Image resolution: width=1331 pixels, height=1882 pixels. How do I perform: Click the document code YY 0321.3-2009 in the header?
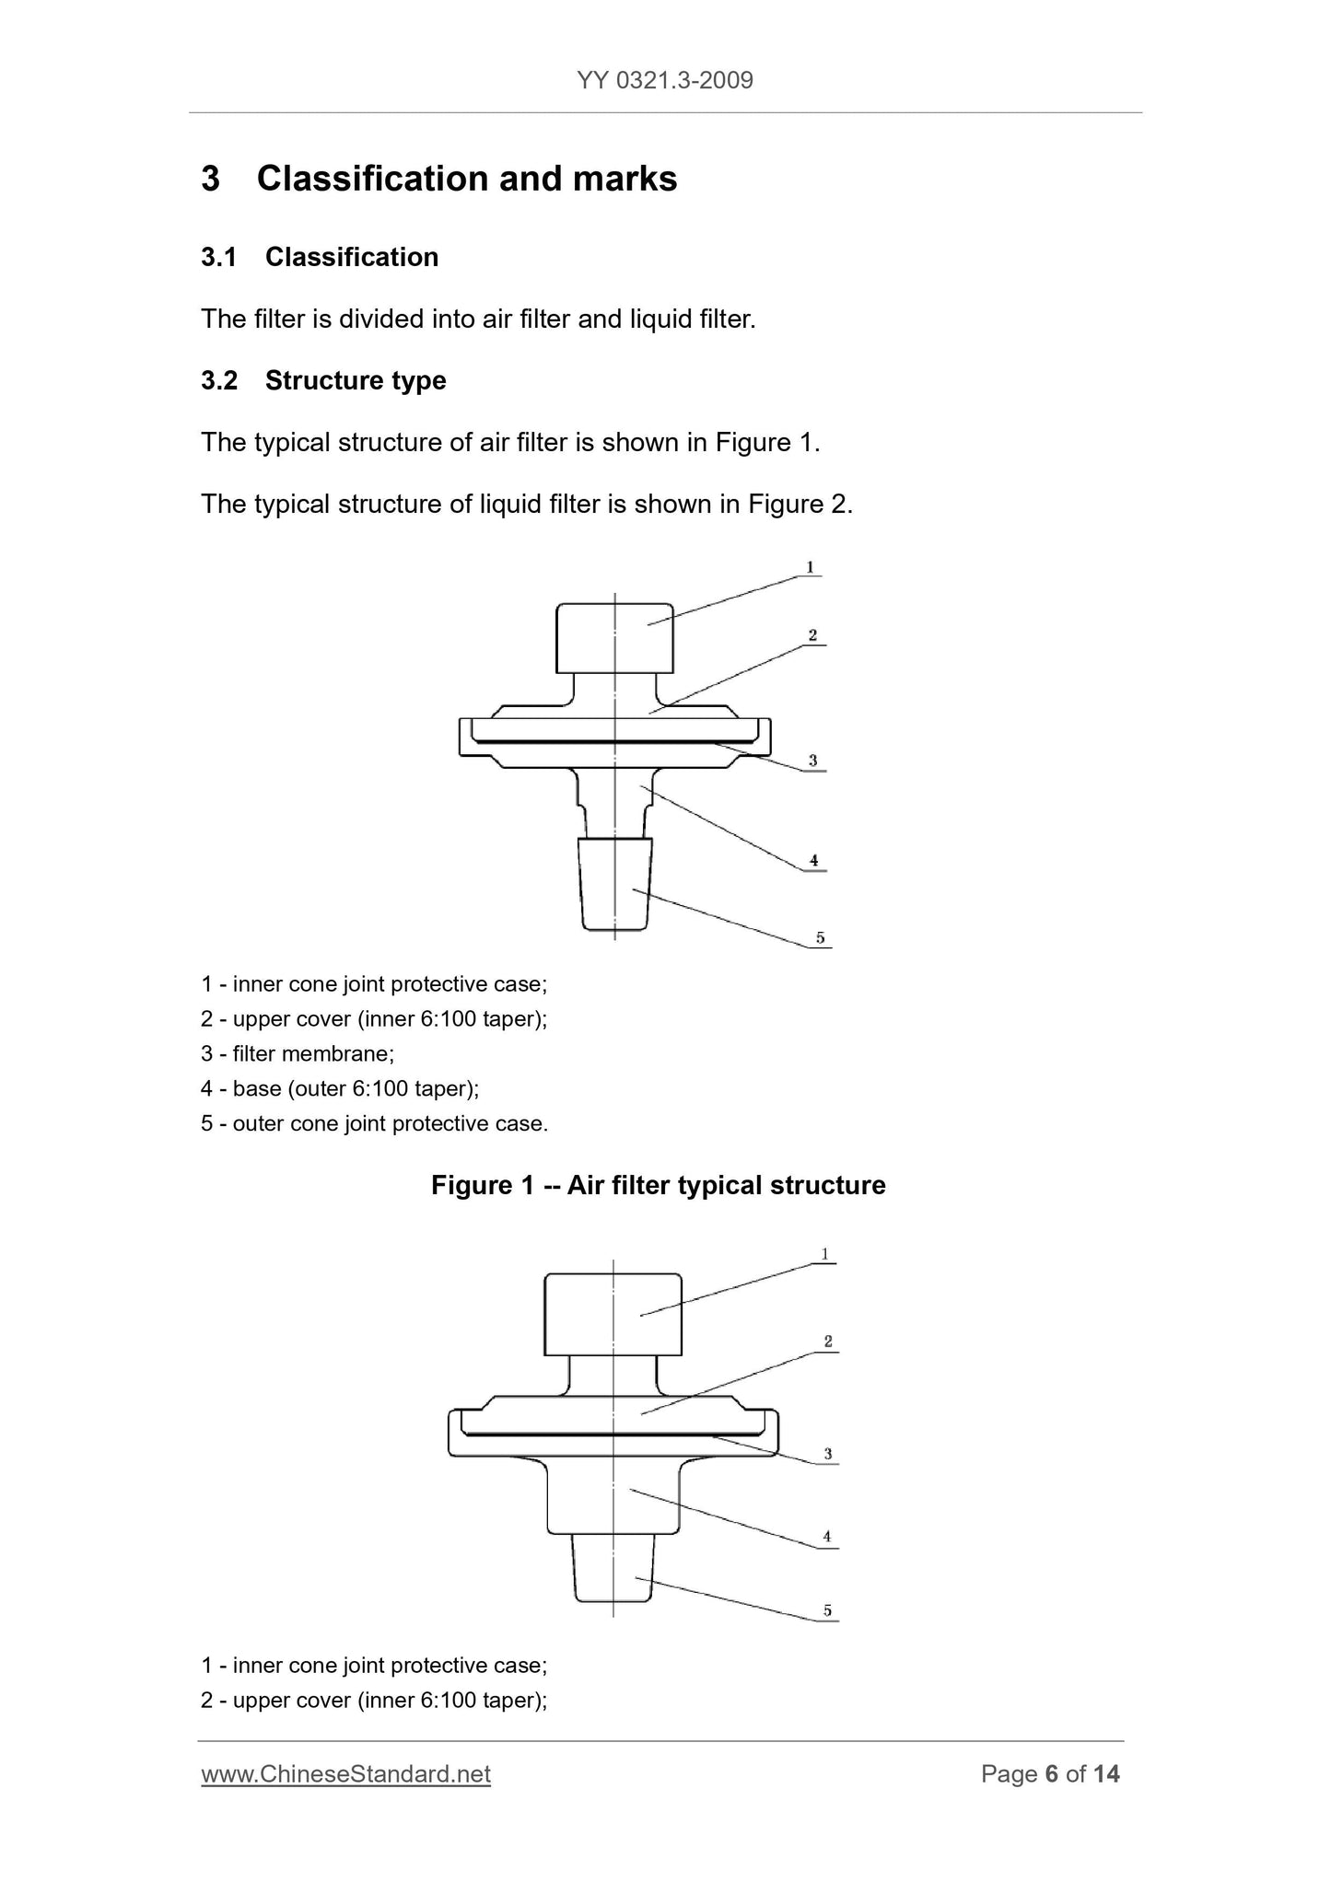[x=665, y=81]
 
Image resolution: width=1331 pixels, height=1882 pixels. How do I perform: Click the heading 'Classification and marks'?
[x=466, y=179]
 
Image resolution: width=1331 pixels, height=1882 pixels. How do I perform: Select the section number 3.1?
[x=218, y=257]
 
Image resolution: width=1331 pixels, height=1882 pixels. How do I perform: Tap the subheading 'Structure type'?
[x=356, y=380]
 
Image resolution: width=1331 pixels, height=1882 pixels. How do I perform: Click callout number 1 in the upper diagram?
[x=810, y=567]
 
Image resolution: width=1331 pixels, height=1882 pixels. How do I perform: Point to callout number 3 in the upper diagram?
[x=812, y=761]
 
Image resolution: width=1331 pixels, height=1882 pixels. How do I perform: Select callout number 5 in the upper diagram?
[x=820, y=938]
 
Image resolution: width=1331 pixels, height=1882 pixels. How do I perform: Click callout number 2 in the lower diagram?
[x=828, y=1342]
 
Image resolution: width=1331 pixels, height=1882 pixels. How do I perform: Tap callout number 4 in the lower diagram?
[x=827, y=1536]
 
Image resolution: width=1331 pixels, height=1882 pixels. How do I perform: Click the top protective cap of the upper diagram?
[x=614, y=637]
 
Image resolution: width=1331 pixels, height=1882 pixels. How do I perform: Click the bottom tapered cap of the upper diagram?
[x=614, y=884]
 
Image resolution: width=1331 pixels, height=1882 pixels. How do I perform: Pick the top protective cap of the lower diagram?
[x=613, y=1314]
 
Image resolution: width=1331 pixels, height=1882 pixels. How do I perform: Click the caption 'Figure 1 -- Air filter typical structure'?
[x=658, y=1185]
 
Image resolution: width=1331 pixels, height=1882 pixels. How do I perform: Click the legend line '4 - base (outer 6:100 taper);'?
[x=340, y=1088]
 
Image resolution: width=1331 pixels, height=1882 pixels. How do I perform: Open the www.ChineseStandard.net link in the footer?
[x=345, y=1774]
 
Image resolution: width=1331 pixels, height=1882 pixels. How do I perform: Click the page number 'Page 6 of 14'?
[x=1050, y=1774]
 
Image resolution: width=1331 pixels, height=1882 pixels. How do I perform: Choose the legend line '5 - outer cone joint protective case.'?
[x=374, y=1123]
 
